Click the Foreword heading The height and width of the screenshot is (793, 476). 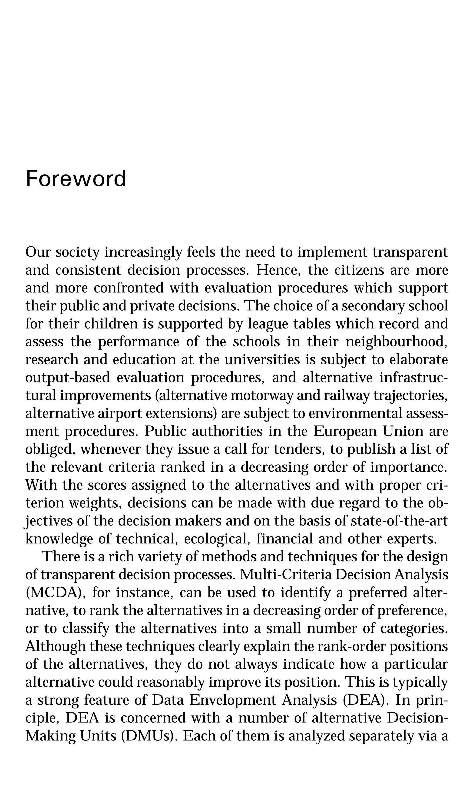76,179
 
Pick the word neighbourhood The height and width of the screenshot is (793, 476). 397,342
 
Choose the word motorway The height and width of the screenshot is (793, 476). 262,395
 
